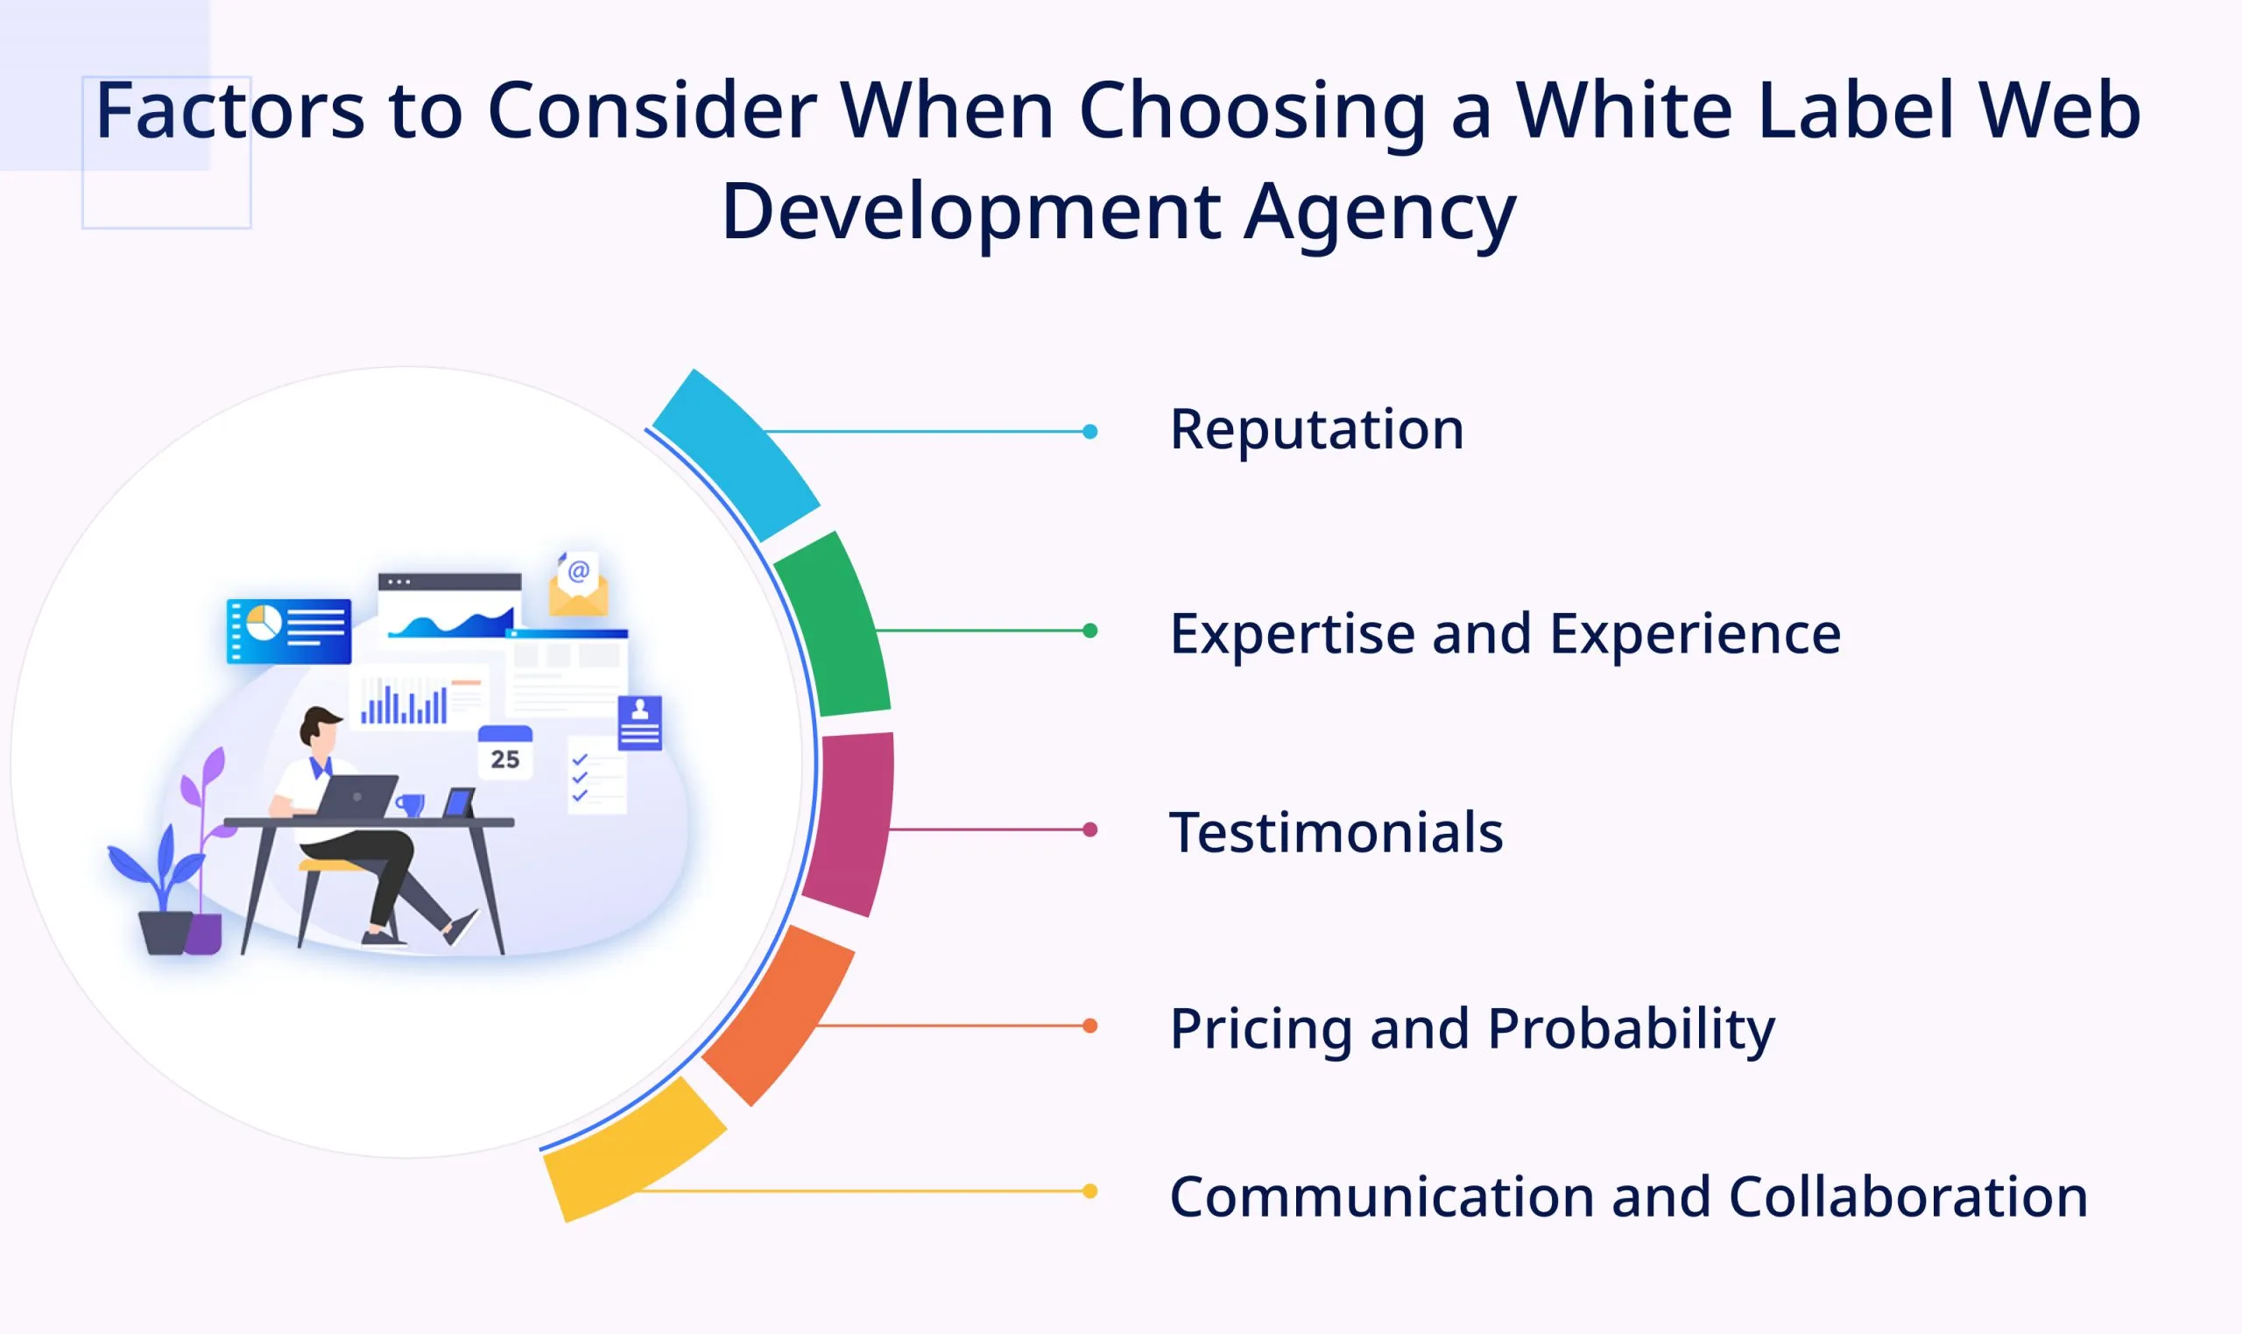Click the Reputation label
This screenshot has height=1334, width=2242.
pos(1316,430)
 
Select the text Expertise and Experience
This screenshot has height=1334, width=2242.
pos(1505,635)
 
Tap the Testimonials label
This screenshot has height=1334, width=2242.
pos(1336,832)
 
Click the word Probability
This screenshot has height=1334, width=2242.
pos(1631,1028)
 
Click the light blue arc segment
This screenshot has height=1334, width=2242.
pos(737,454)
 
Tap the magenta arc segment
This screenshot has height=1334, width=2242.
pos(850,822)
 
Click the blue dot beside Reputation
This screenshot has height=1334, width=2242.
pos(1090,432)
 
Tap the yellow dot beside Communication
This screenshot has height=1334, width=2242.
pos(1090,1191)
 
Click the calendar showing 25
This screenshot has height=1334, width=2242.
pos(505,752)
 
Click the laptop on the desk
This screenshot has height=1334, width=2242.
pos(356,795)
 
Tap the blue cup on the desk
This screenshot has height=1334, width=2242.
pos(411,803)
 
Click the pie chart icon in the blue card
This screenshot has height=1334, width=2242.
pos(264,622)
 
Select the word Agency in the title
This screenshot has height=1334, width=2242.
pos(1379,212)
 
